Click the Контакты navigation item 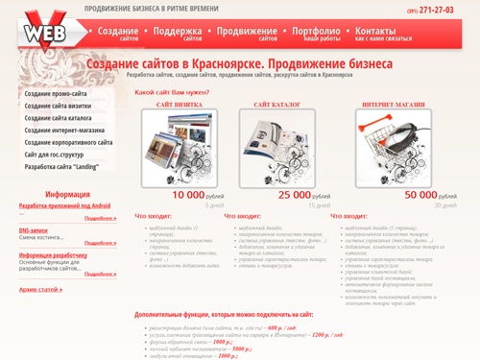point(375,33)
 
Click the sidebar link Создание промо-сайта point(57,93)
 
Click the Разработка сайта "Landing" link point(62,166)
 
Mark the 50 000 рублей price point(420,195)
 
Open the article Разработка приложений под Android point(65,206)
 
